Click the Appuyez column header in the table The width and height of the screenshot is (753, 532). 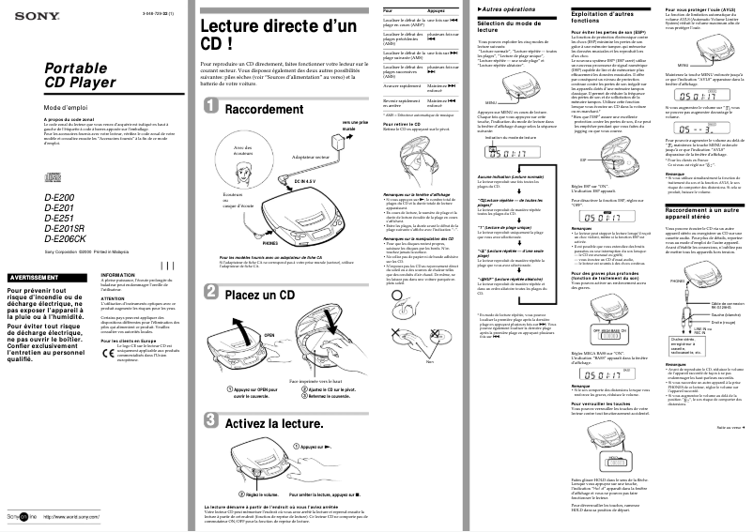(x=437, y=9)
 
